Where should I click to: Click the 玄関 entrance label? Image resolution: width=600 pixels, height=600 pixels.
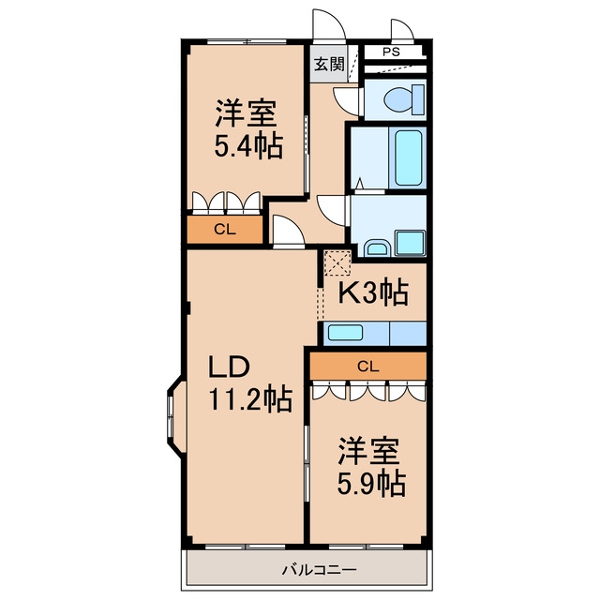(329, 65)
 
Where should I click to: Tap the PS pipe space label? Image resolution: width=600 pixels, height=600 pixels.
(391, 52)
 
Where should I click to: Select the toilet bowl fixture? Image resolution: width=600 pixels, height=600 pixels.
(403, 100)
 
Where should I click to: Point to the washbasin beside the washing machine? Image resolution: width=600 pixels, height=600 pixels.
(378, 247)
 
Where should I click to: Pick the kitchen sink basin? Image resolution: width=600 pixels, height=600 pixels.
(345, 333)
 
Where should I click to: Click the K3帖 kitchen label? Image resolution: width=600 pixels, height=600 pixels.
(373, 293)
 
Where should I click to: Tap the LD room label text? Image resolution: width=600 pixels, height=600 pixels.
(229, 367)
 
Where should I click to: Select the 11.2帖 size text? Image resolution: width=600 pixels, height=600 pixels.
(250, 398)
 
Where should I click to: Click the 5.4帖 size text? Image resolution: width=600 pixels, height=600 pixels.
(248, 146)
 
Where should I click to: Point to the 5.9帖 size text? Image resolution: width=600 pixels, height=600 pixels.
(371, 484)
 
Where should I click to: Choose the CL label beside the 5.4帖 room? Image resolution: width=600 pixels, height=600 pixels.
(225, 229)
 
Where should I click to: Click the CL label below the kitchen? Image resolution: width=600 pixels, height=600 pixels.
(368, 367)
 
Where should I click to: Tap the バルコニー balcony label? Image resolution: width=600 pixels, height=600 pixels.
(319, 570)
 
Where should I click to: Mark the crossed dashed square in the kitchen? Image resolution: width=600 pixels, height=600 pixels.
(337, 262)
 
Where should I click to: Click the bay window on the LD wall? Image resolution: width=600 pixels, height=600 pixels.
(176, 416)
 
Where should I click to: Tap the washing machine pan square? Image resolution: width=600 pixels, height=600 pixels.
(411, 243)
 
